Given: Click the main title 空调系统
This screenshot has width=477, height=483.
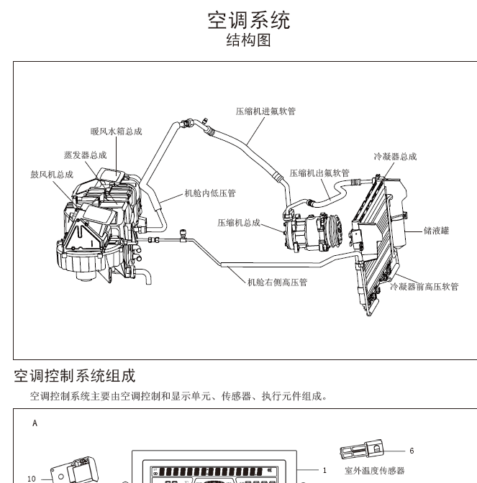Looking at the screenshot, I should coord(249,20).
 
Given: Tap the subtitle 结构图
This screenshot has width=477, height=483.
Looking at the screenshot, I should coord(249,41).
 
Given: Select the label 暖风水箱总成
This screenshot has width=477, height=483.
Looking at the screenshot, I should coord(116,132).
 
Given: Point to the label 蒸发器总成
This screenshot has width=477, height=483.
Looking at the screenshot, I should coord(85,155).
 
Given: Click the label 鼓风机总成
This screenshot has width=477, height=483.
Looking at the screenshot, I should coord(52,175).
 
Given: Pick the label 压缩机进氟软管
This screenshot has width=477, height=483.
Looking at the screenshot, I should coord(266,111).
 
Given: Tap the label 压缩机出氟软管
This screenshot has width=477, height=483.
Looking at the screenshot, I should coord(319,173).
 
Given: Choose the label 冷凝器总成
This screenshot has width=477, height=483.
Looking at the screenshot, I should coord(395,157).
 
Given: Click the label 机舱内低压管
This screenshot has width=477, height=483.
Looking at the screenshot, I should coord(210,193).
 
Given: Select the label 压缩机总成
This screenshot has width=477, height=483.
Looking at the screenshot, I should coord(239,223).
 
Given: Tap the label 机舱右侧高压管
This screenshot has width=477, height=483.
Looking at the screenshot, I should coord(277,282).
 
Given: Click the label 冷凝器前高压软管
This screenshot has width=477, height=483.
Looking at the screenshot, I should coord(424,286).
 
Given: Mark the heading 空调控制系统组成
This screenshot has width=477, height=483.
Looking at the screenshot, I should coord(74,376).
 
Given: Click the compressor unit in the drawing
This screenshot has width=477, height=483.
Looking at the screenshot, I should coord(309,231).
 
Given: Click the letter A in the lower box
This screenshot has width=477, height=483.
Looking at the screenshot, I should coord(35,423).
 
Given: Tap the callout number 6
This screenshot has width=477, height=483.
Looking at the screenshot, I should coord(412,451).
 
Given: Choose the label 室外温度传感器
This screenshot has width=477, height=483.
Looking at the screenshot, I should coord(374,471).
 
